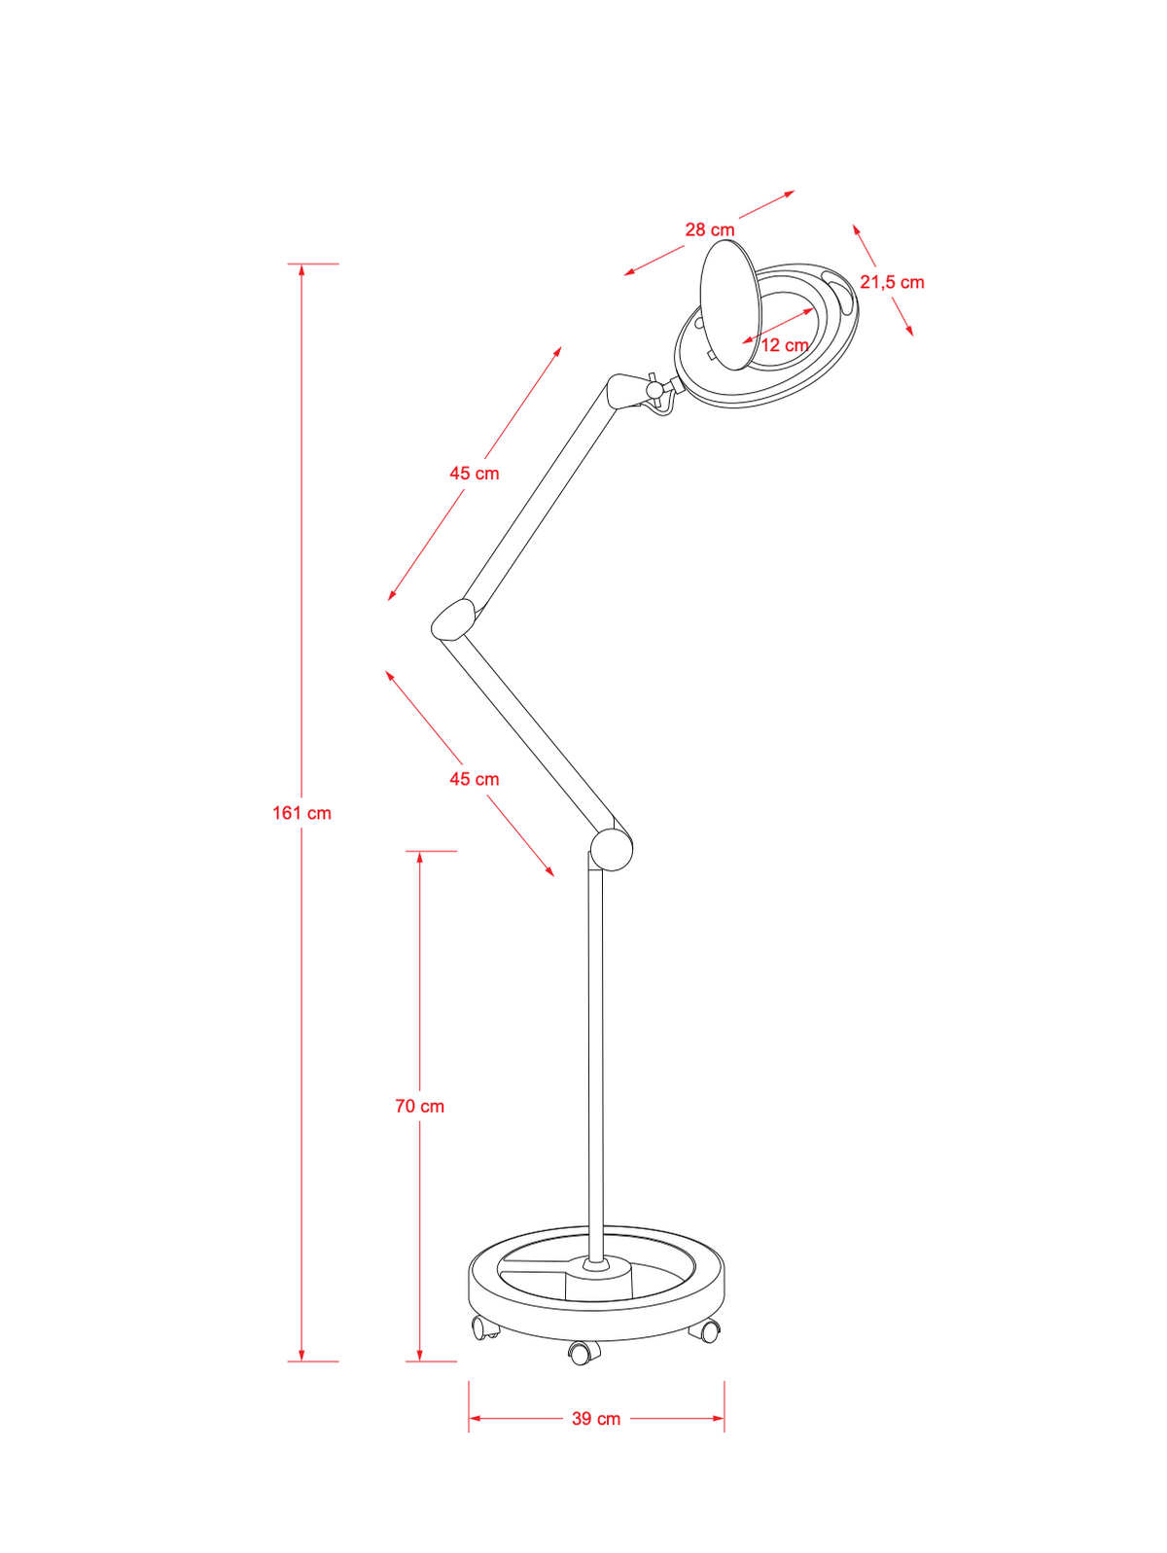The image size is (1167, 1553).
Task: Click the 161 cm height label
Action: (302, 813)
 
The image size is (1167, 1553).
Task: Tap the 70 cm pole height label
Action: (419, 1106)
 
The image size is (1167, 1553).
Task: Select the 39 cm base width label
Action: (596, 1419)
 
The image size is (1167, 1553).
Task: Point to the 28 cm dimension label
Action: (710, 229)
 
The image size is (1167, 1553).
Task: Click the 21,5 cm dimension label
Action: (892, 282)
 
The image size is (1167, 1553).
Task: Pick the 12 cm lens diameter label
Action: (785, 345)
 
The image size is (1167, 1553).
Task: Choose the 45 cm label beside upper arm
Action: (475, 474)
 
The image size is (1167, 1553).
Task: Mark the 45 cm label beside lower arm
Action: (475, 779)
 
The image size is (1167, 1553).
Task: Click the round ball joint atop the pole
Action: (612, 851)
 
